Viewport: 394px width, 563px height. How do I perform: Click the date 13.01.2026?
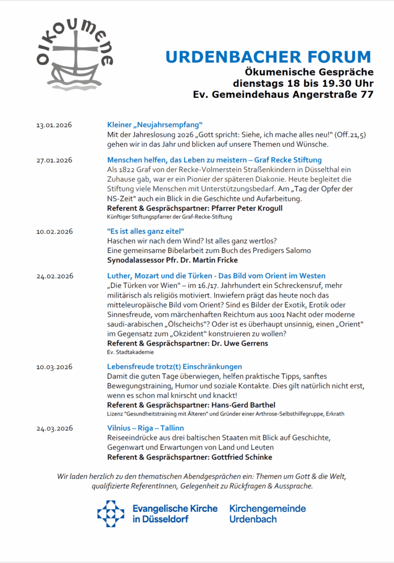pyautogui.click(x=54, y=125)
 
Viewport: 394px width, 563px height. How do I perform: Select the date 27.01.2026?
pyautogui.click(x=54, y=161)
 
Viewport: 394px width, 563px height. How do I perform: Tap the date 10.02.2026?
pyautogui.click(x=54, y=231)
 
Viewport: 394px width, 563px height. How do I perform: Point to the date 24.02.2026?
pyautogui.click(x=54, y=276)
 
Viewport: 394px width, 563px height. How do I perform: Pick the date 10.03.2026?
pyautogui.click(x=54, y=367)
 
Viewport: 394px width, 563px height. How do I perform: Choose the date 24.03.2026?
pyautogui.click(x=54, y=428)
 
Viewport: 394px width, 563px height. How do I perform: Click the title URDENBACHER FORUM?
pyautogui.click(x=269, y=57)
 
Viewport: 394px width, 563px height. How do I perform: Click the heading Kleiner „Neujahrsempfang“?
pyautogui.click(x=156, y=125)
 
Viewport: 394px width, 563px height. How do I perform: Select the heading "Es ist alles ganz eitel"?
pyautogui.click(x=146, y=231)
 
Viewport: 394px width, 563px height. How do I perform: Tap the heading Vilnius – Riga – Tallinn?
pyautogui.click(x=146, y=428)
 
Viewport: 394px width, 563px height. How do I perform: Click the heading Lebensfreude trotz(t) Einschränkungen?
pyautogui.click(x=175, y=366)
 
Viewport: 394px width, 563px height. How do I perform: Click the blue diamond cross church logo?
pyautogui.click(x=111, y=514)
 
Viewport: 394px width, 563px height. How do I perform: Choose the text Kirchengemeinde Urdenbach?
pyautogui.click(x=268, y=514)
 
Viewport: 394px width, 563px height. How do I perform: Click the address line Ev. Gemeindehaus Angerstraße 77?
pyautogui.click(x=284, y=95)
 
